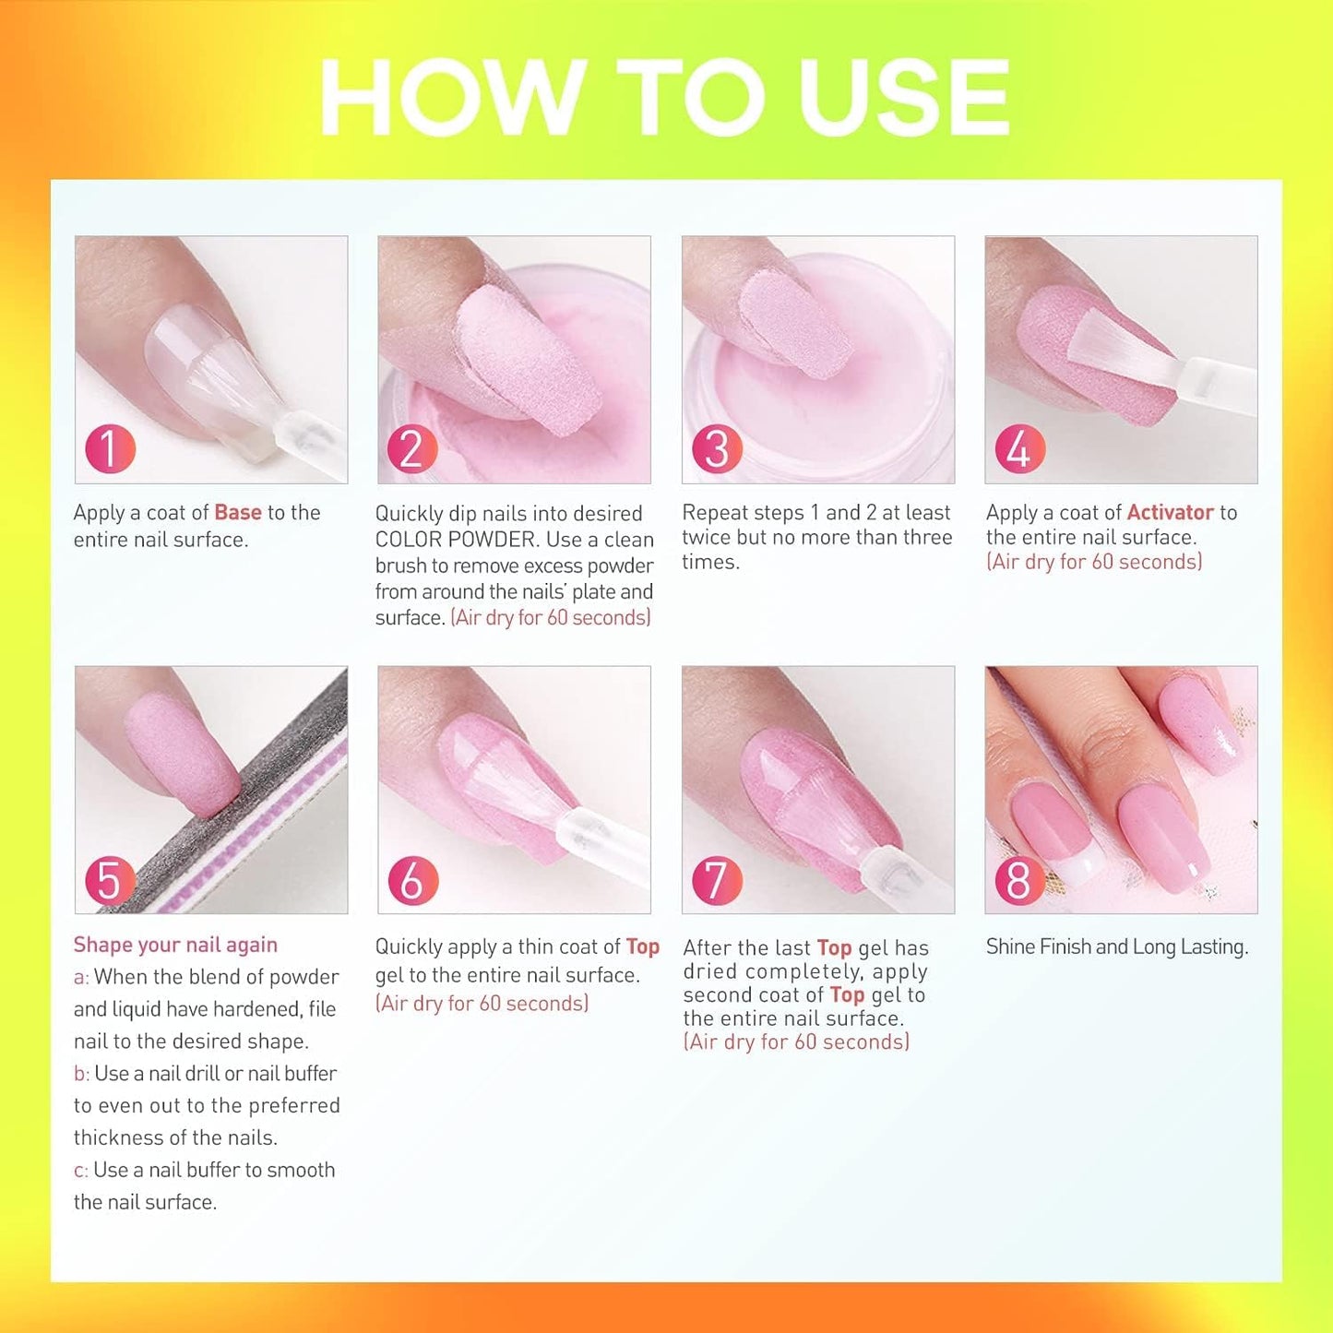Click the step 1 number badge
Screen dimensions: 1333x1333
(x=110, y=449)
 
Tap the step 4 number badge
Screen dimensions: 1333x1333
(x=1019, y=449)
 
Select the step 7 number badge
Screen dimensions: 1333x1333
(x=717, y=880)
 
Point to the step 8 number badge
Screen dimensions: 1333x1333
(x=1019, y=880)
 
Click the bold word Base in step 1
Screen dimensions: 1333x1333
(x=238, y=513)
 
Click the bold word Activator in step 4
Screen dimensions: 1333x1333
(x=1170, y=513)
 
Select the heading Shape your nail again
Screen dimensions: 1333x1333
(x=175, y=945)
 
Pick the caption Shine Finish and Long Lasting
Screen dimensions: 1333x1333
(x=1116, y=947)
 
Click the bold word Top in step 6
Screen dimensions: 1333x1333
(x=642, y=947)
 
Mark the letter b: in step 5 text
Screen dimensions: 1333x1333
(x=81, y=1074)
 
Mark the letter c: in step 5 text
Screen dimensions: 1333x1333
(x=80, y=1171)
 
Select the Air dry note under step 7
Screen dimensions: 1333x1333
(x=796, y=1042)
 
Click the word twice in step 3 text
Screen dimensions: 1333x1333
(x=708, y=538)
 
